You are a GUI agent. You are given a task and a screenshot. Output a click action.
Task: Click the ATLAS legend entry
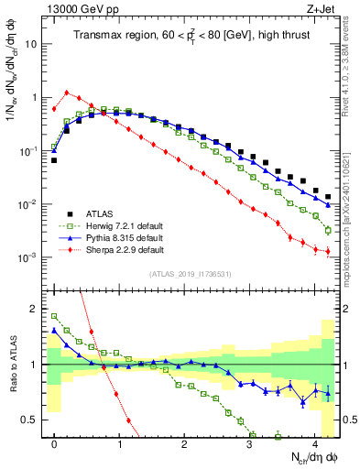(x=100, y=212)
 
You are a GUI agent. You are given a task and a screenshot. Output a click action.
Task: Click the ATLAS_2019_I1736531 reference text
(x=191, y=274)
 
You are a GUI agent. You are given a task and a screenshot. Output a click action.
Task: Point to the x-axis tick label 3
(x=249, y=442)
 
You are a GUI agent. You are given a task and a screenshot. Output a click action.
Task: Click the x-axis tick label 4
(x=314, y=442)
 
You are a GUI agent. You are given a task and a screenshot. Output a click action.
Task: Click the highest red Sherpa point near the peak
(x=67, y=92)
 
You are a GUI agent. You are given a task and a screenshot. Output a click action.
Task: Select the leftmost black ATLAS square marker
(x=54, y=160)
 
